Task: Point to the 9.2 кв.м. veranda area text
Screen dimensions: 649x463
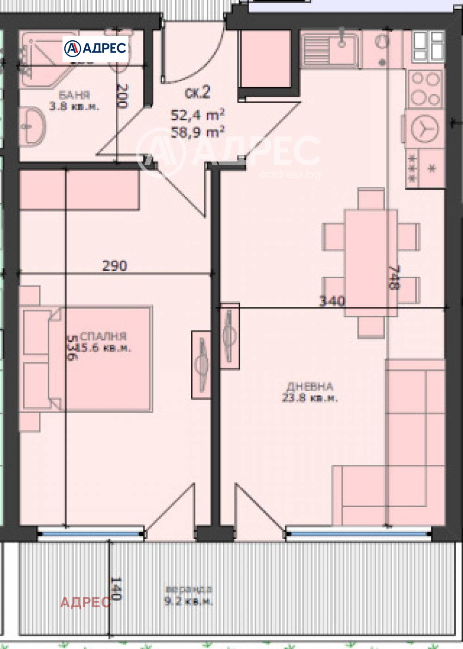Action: [x=188, y=602]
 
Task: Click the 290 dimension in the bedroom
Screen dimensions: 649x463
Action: [x=114, y=266]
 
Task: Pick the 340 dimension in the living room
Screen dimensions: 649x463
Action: [x=332, y=301]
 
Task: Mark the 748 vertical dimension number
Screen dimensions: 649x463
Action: [x=393, y=277]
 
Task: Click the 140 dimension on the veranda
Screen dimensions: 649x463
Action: [x=116, y=588]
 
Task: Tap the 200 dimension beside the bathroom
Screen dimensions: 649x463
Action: [x=121, y=96]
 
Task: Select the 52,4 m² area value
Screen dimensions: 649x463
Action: [x=198, y=115]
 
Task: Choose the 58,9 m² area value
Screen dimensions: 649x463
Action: [x=198, y=132]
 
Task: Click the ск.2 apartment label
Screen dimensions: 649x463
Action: [x=197, y=93]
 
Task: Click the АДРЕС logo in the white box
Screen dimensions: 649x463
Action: [x=95, y=48]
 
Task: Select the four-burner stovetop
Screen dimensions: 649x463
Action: [x=425, y=89]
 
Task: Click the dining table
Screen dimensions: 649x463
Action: [x=370, y=263]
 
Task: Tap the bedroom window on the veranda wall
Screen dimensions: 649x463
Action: [x=91, y=534]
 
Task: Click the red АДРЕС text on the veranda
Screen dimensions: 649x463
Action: [x=85, y=602]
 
